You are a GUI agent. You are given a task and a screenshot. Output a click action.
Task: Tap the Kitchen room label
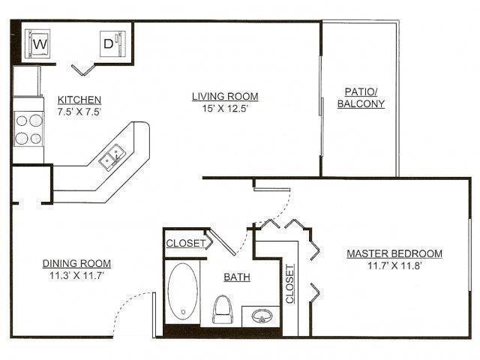click(79, 100)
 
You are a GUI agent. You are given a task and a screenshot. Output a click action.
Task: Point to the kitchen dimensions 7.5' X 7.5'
click(79, 112)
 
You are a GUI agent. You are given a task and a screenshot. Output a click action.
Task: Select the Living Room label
click(225, 96)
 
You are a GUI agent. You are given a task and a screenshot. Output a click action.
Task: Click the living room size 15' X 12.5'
click(225, 108)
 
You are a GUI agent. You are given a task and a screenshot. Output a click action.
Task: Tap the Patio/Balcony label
click(361, 97)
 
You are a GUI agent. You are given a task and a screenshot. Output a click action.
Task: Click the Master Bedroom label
click(394, 253)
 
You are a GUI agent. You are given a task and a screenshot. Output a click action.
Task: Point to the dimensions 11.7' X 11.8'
click(394, 265)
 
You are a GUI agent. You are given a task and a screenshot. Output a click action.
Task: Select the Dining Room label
click(76, 263)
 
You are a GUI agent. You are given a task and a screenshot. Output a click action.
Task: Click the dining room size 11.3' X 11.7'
click(76, 275)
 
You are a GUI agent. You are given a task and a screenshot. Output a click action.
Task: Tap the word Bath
click(236, 277)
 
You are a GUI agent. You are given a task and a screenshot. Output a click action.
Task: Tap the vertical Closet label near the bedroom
click(290, 284)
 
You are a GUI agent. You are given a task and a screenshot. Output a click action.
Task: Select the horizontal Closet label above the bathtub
click(185, 243)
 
